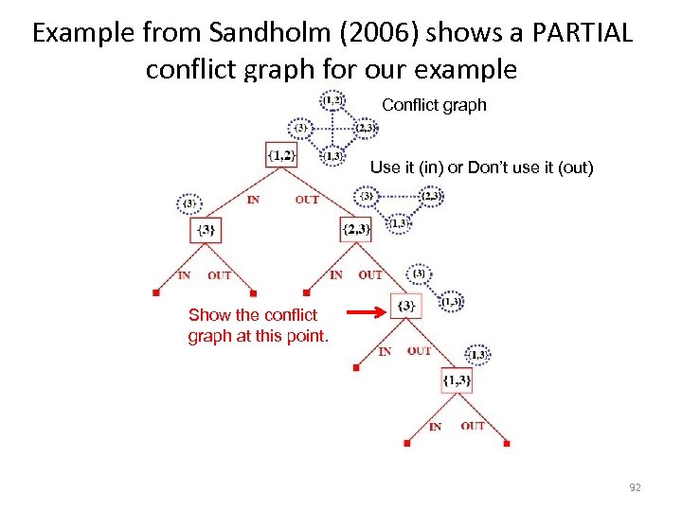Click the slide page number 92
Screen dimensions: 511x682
(x=635, y=487)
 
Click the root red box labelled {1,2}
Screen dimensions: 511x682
(x=281, y=153)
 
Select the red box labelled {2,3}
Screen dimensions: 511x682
(x=355, y=229)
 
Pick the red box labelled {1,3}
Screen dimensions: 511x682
(x=456, y=380)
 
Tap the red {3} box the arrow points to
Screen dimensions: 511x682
(x=405, y=305)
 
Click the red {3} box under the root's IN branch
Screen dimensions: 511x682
(x=206, y=230)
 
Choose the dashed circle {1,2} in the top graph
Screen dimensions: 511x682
(x=332, y=99)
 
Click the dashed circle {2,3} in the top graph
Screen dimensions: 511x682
(x=366, y=129)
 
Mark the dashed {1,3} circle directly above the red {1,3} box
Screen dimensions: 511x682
(x=477, y=354)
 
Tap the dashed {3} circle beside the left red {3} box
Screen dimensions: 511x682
(x=189, y=203)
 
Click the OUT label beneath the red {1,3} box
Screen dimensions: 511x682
(x=474, y=426)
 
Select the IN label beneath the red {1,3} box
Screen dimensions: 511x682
(x=435, y=427)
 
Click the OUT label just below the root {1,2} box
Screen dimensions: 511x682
(x=307, y=200)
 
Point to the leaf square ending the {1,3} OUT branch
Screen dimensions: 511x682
(x=507, y=443)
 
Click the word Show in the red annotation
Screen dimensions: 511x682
(x=208, y=315)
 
